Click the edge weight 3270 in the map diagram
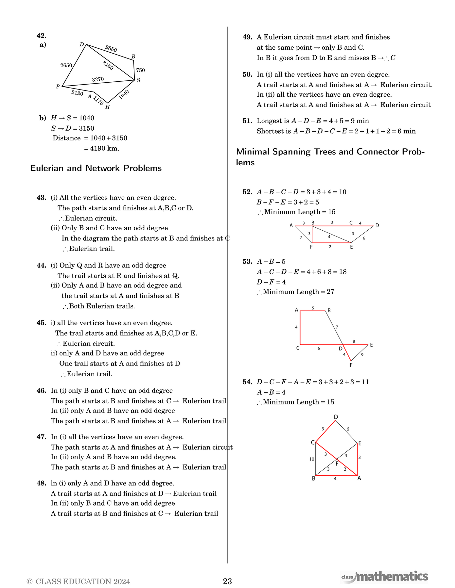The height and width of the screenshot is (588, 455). click(x=98, y=79)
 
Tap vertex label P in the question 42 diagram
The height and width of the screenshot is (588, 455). click(x=58, y=87)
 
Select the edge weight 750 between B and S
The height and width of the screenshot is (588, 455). click(x=140, y=70)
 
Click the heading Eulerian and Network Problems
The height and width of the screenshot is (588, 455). click(x=96, y=168)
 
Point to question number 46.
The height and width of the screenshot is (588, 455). click(x=41, y=391)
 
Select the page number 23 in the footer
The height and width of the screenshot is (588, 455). click(x=227, y=581)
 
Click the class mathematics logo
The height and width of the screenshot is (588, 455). click(x=384, y=577)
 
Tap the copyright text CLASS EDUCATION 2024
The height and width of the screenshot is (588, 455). click(x=79, y=581)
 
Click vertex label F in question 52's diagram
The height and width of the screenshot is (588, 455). click(x=311, y=247)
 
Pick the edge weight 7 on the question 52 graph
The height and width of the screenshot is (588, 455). click(x=301, y=237)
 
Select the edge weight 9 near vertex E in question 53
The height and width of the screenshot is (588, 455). click(x=362, y=354)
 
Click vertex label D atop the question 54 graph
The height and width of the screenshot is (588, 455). click(x=336, y=417)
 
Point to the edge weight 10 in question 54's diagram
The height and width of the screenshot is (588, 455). click(x=312, y=459)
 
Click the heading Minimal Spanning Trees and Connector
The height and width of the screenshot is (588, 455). click(x=330, y=152)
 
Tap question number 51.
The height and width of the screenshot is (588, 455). click(x=247, y=121)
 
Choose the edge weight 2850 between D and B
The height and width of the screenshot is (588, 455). click(x=111, y=49)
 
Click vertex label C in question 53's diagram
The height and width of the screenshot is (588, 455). click(x=298, y=348)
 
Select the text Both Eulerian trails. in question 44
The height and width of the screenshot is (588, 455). click(x=102, y=306)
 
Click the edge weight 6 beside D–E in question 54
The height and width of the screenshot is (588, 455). click(x=348, y=429)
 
